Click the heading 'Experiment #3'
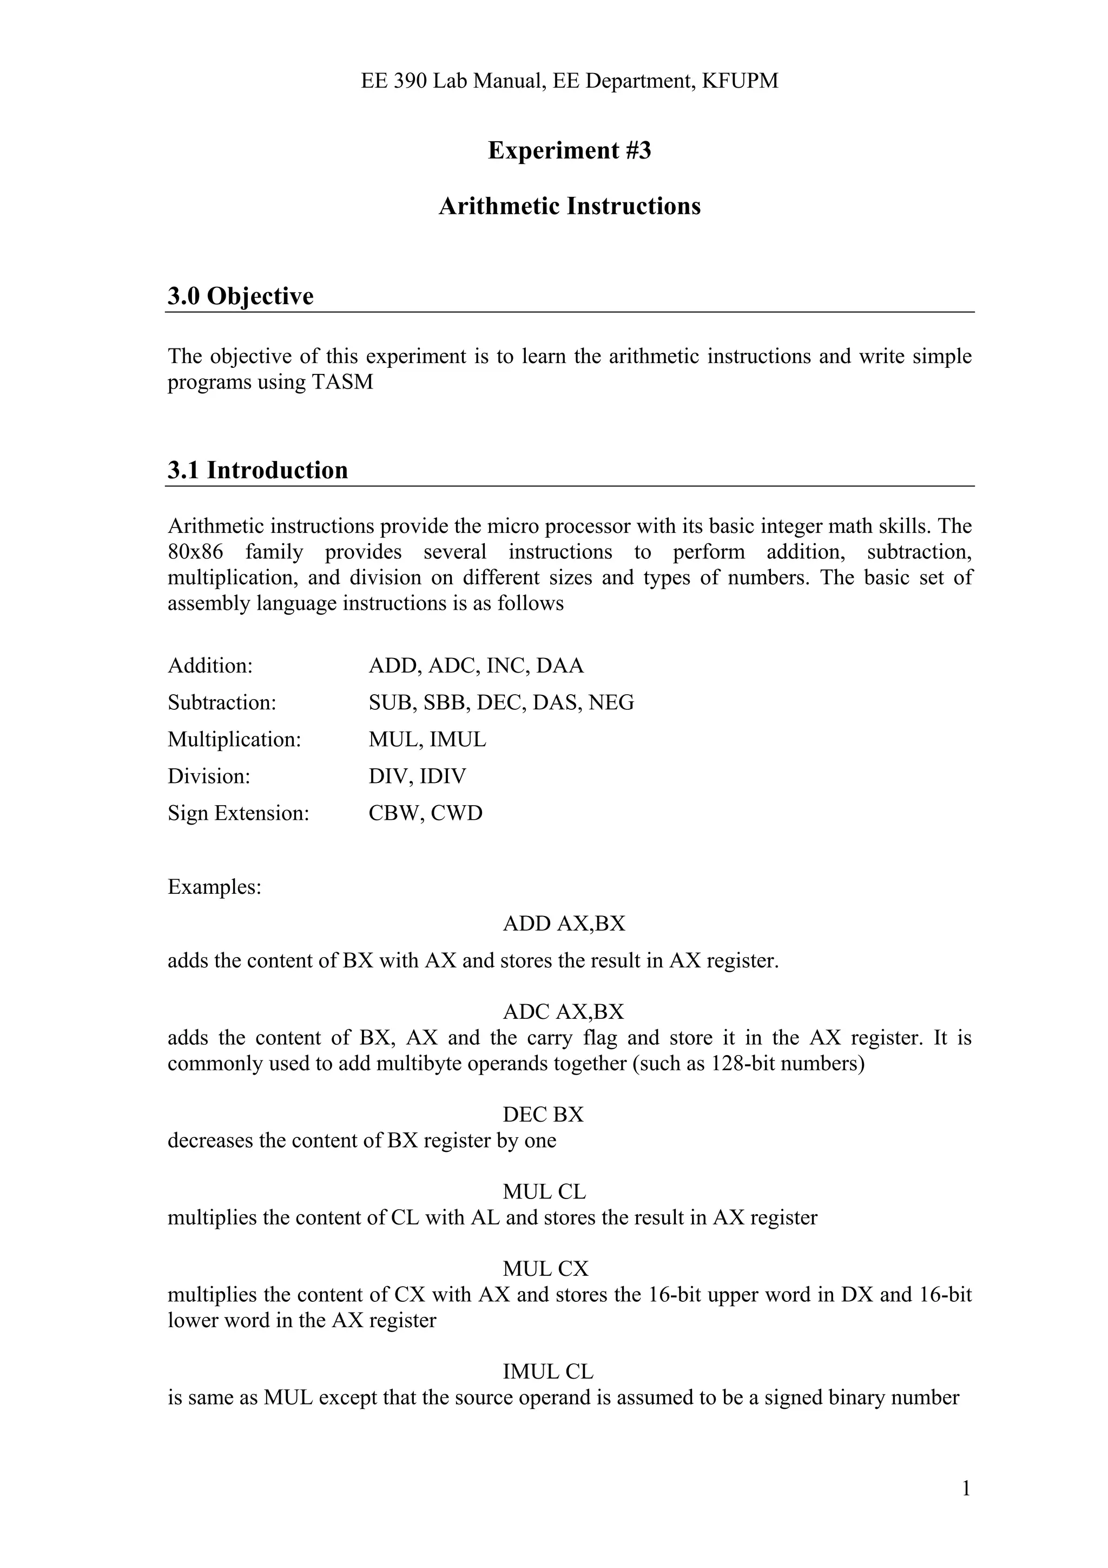(x=569, y=150)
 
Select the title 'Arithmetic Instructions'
(x=569, y=206)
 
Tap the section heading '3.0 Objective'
(x=240, y=297)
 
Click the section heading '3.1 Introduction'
(x=258, y=471)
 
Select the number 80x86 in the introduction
(x=195, y=552)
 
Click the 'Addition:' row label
(x=210, y=666)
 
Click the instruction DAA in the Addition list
(x=560, y=666)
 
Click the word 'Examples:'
(x=214, y=887)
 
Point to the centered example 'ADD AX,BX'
(x=564, y=924)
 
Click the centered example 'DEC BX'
(x=543, y=1115)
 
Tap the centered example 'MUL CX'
(x=545, y=1269)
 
